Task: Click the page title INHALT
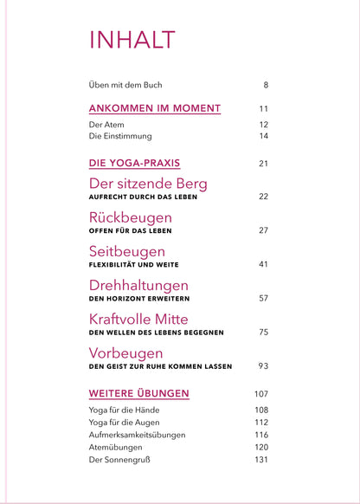point(132,40)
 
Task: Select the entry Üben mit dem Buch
point(125,85)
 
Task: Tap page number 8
point(266,85)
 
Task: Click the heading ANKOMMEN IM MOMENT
point(155,109)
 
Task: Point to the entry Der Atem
point(107,125)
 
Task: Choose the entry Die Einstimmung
point(120,137)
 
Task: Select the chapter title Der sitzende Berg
point(148,184)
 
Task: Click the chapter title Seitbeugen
point(132,251)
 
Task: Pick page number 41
point(263,264)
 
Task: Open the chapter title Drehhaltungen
point(138,285)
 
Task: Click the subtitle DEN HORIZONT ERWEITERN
point(140,298)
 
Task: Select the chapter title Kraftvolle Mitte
point(151,319)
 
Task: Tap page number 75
point(263,332)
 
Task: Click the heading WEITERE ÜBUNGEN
point(138,393)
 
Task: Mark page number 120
point(260,447)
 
